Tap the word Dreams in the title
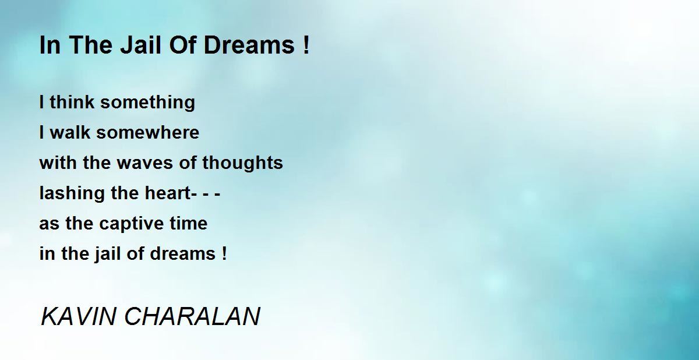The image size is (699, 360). click(249, 45)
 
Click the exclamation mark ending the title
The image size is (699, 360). click(306, 45)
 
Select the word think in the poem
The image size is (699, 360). click(72, 102)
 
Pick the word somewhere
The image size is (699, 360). click(147, 132)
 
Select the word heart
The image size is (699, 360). click(168, 193)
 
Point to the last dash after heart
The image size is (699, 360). click(217, 195)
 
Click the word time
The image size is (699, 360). click(189, 223)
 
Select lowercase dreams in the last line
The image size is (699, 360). click(183, 253)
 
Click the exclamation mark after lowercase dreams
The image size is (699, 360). click(224, 253)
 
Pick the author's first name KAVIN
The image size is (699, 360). click(78, 316)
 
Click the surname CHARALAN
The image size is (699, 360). click(192, 316)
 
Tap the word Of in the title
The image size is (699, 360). click(182, 45)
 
